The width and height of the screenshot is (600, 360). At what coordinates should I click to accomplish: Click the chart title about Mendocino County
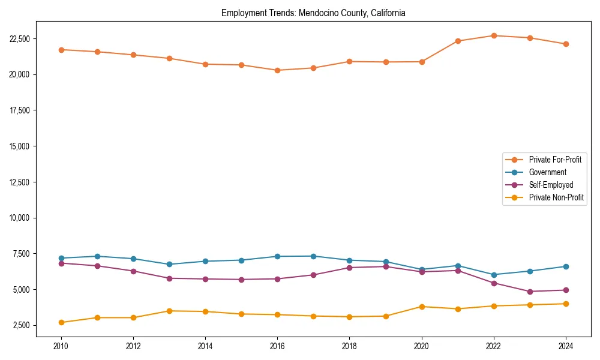[313, 13]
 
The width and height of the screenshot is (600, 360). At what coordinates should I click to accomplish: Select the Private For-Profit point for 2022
[494, 35]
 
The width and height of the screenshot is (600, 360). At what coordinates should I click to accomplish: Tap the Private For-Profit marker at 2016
[277, 70]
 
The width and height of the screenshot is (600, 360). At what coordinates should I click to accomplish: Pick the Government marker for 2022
[494, 275]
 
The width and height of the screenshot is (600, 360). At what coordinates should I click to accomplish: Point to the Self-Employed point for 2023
[530, 292]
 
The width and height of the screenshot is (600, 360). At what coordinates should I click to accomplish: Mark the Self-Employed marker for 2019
[386, 266]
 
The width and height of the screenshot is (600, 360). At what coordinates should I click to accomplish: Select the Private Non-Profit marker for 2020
[422, 307]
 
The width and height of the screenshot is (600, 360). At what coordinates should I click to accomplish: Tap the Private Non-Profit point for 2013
[169, 311]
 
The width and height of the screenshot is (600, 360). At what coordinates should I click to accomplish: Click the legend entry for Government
[547, 172]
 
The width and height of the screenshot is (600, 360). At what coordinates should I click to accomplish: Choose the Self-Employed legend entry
[551, 185]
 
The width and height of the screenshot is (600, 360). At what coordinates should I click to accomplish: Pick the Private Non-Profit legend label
[556, 197]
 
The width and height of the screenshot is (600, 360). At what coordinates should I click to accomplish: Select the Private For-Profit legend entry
[555, 160]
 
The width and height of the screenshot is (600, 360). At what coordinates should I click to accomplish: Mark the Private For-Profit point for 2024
[566, 44]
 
